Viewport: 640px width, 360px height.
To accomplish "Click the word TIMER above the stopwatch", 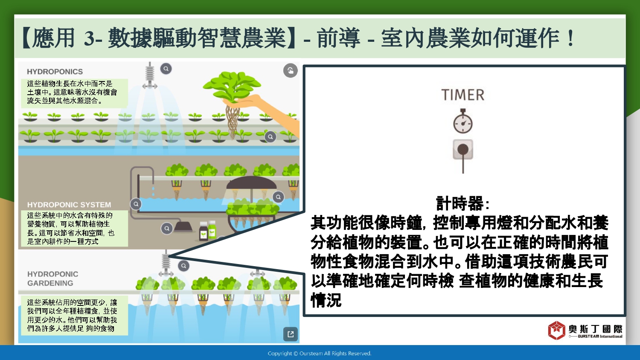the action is [463, 95].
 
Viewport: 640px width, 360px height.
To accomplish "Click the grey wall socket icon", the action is [463, 149].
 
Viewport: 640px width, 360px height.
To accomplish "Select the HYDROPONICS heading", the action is [55, 71].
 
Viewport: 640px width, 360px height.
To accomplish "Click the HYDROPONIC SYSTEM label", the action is [69, 205].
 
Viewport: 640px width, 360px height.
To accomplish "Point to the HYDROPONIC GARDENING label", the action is [52, 279].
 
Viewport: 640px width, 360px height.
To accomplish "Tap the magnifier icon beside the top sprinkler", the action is [166, 69].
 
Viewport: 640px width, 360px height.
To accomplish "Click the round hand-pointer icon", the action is [290, 70].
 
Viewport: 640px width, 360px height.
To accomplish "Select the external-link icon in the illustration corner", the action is [291, 334].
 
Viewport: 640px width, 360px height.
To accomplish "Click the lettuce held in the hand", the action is [232, 85].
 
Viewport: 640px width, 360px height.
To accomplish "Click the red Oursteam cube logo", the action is [556, 330].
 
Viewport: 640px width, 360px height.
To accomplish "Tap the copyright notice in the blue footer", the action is [320, 354].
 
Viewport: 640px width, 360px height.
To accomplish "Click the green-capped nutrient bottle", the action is [212, 229].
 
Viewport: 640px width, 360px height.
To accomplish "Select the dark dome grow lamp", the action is [251, 183].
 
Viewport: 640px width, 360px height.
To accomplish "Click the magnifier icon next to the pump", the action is [167, 228].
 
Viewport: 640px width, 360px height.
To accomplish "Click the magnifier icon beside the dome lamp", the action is [278, 197].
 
